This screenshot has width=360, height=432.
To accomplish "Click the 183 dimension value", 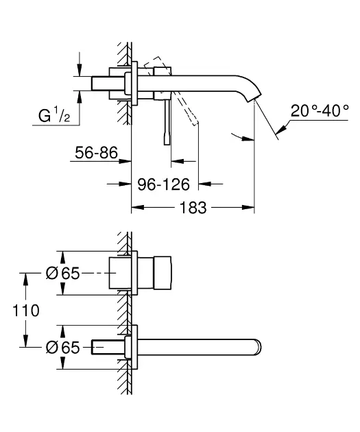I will [192, 207].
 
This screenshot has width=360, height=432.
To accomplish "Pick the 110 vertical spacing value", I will [26, 310].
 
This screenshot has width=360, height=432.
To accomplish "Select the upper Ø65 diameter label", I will [62, 274].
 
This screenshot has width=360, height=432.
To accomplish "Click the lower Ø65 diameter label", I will [62, 348].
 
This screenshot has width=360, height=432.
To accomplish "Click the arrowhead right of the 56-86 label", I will [127, 163].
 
